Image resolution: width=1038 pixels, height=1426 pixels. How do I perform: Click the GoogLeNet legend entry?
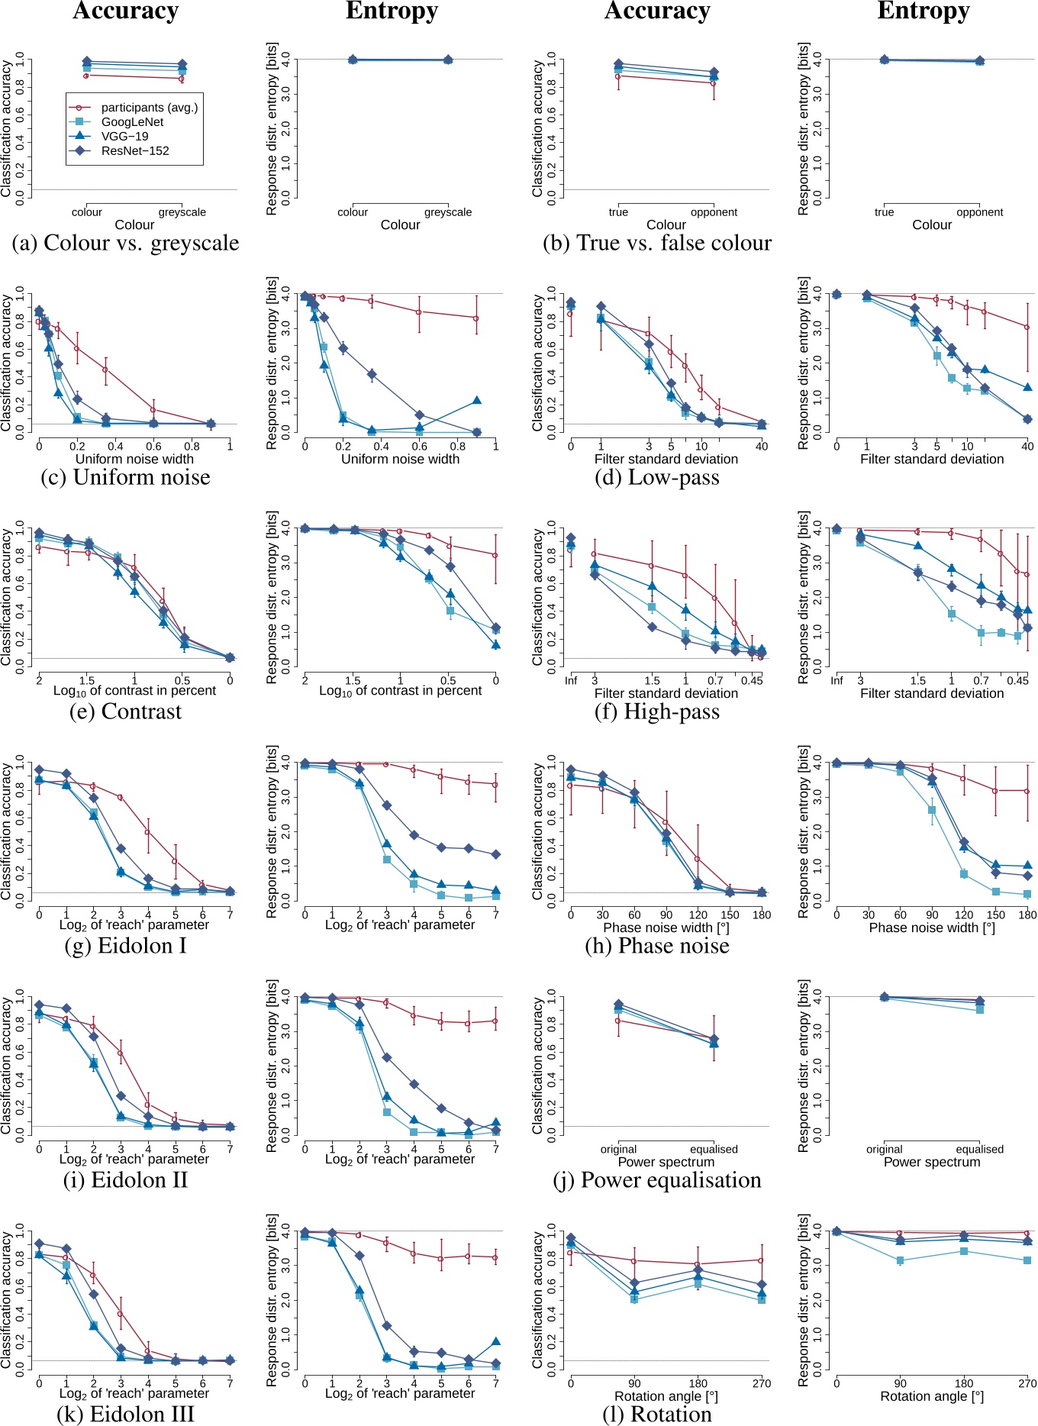pyautogui.click(x=132, y=122)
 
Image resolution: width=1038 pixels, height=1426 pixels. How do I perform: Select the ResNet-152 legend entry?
pyautogui.click(x=135, y=151)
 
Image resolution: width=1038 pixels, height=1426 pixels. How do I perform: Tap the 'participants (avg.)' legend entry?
pyautogui.click(x=149, y=108)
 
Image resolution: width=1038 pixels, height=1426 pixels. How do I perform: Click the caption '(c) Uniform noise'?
pyautogui.click(x=125, y=477)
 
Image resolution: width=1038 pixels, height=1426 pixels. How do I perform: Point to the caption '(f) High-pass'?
pyautogui.click(x=656, y=711)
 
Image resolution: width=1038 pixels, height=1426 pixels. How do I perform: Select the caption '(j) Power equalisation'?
pyautogui.click(x=656, y=1180)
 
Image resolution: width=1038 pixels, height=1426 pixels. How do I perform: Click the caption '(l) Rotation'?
pyautogui.click(x=656, y=1415)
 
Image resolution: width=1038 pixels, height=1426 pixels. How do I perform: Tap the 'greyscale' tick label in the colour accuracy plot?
pyautogui.click(x=182, y=212)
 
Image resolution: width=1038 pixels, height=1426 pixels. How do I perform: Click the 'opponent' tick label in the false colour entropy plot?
pyautogui.click(x=979, y=212)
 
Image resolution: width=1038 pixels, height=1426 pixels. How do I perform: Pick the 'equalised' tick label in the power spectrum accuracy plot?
pyautogui.click(x=714, y=1149)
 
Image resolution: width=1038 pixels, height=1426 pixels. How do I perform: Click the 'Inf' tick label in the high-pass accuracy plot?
pyautogui.click(x=571, y=680)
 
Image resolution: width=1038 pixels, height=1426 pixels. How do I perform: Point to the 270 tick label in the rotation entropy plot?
pyautogui.click(x=1027, y=1383)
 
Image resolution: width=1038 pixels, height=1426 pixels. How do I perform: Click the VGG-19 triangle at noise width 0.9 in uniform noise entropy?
pyautogui.click(x=476, y=400)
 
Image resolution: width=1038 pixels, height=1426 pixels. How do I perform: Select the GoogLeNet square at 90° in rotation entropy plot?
pyautogui.click(x=901, y=1260)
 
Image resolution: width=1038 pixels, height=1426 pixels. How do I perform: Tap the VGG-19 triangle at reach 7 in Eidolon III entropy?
pyautogui.click(x=496, y=1341)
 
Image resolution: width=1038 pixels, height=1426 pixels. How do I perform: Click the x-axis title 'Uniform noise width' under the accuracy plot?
pyautogui.click(x=134, y=459)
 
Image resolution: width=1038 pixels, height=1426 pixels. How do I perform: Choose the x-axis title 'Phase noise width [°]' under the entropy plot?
pyautogui.click(x=932, y=928)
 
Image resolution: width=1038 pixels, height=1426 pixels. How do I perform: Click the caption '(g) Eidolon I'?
pyautogui.click(x=125, y=946)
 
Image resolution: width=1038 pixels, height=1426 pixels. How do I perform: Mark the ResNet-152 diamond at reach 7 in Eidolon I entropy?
pyautogui.click(x=496, y=854)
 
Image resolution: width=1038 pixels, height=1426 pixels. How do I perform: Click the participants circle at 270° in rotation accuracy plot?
pyautogui.click(x=761, y=1260)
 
